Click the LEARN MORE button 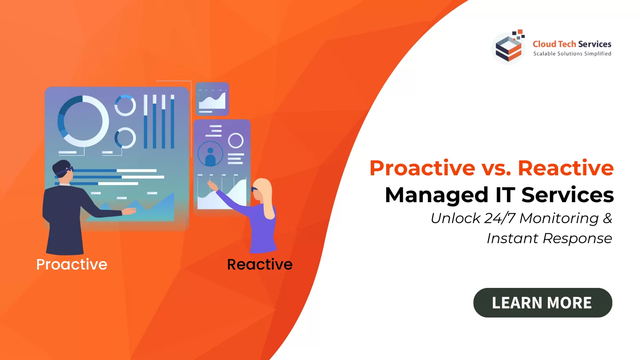tap(543, 302)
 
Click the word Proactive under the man tap(72, 264)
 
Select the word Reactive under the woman tap(260, 264)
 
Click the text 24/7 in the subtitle tap(500, 218)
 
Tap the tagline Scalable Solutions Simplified tap(572, 53)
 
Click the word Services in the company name tap(595, 44)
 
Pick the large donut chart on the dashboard tap(83, 121)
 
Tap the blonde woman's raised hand tap(212, 186)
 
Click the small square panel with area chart tap(212, 99)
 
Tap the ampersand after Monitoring tap(608, 218)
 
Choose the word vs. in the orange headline tap(497, 168)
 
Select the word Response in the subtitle tap(577, 239)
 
